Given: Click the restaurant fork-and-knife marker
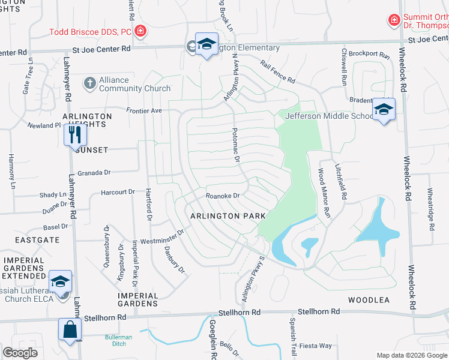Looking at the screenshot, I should pyautogui.click(x=75, y=134).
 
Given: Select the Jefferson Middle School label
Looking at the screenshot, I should pyautogui.click(x=329, y=116).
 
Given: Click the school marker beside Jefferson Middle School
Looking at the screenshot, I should pyautogui.click(x=383, y=110).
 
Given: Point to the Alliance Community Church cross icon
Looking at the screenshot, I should pyautogui.click(x=89, y=83).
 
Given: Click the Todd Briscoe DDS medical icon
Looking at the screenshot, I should pyautogui.click(x=140, y=30).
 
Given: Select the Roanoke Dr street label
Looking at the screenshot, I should pyautogui.click(x=223, y=196).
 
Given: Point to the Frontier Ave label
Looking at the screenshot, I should pyautogui.click(x=144, y=110).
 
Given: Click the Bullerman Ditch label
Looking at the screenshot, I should pyautogui.click(x=119, y=340).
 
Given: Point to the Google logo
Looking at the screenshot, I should pyautogui.click(x=20, y=353).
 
